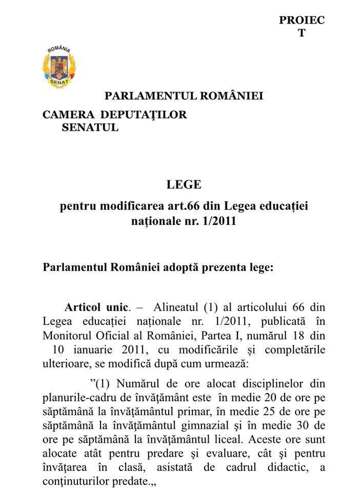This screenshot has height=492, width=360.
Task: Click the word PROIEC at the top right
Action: pos(302,20)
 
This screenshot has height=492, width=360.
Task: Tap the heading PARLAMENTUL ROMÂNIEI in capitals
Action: pos(184,96)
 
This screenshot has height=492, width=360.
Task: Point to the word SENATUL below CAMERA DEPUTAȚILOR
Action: pos(90,128)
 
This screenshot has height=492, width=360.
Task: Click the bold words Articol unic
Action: pos(95,308)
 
